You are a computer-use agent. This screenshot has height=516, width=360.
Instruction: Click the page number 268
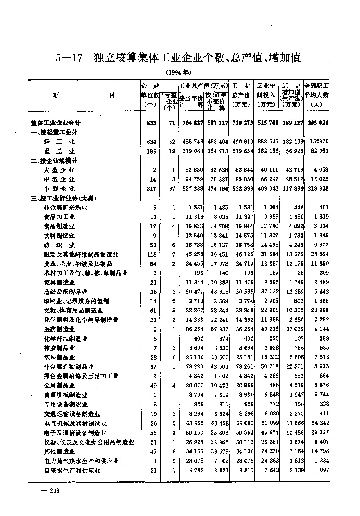click(55, 490)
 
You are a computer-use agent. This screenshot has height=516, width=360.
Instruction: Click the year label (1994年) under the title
click(179, 72)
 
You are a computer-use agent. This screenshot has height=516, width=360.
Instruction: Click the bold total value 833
click(152, 123)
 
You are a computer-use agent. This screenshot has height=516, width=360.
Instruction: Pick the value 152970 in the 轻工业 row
click(318, 142)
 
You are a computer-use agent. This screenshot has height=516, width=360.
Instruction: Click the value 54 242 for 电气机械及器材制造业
click(318, 423)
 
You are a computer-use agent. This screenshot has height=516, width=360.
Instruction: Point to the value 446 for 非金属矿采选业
click(297, 208)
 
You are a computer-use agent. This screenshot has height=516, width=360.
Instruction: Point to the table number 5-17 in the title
click(69, 58)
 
